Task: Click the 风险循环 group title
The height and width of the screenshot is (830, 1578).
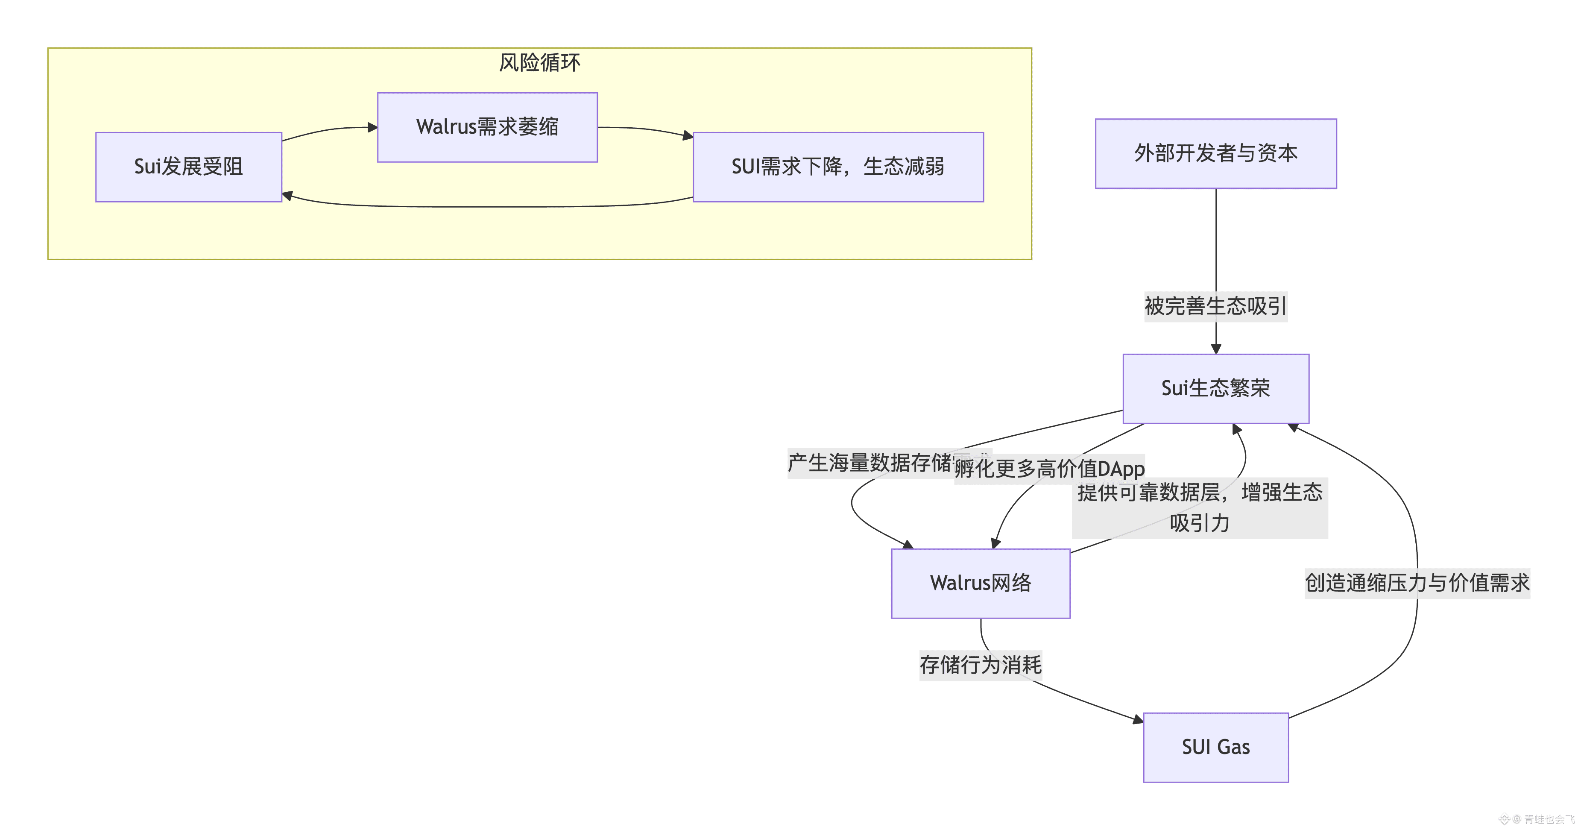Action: click(539, 62)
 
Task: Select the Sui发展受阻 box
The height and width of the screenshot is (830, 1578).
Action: click(189, 167)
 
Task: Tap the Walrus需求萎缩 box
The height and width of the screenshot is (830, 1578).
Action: click(487, 127)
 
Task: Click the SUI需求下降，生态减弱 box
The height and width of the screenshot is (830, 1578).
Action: click(837, 167)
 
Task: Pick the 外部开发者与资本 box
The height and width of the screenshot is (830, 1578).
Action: click(1215, 153)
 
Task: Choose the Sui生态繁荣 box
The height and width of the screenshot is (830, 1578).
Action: click(1215, 388)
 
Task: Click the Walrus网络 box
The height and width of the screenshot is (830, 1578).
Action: click(980, 583)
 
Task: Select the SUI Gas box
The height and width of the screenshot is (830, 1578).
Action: click(1215, 747)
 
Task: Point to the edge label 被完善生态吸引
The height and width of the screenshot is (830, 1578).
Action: click(1215, 306)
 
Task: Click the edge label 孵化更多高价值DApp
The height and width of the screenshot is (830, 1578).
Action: click(1049, 469)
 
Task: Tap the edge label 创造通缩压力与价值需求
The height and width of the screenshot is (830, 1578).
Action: click(1417, 583)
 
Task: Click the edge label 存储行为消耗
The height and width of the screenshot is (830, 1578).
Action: click(980, 665)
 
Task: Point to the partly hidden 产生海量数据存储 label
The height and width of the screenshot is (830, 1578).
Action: click(870, 463)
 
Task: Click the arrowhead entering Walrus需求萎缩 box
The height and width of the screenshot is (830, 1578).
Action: click(372, 127)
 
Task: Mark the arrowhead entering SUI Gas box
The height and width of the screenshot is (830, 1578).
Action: click(1138, 720)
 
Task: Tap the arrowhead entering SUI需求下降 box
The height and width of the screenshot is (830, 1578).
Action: click(688, 136)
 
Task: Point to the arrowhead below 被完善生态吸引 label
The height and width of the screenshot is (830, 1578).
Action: click(1216, 349)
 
